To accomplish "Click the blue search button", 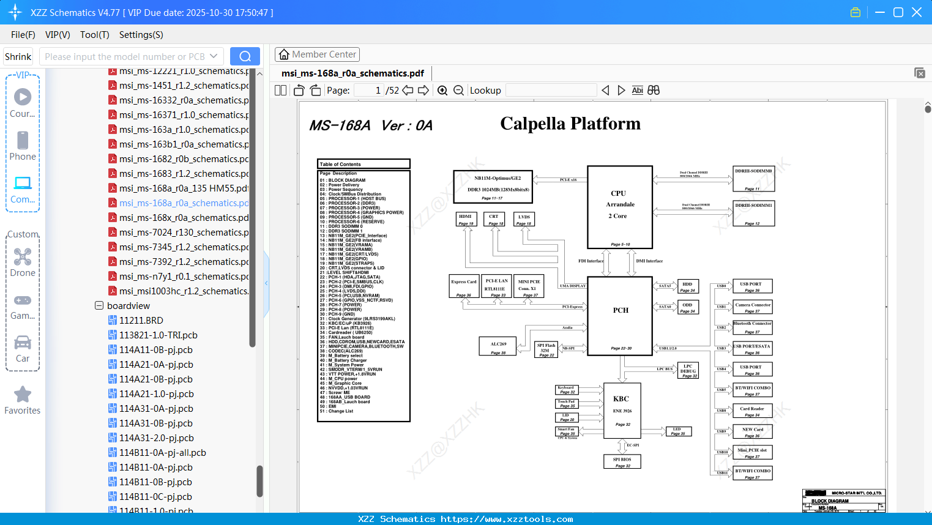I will point(245,56).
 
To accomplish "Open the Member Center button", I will point(317,54).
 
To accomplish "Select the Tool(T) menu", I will point(94,35).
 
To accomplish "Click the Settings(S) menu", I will point(141,35).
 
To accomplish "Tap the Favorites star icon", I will point(23,395).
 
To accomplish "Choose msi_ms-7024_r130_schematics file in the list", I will point(184,233).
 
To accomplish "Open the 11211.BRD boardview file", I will point(141,321).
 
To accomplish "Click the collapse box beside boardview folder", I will point(99,305).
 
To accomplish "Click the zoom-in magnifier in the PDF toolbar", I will point(442,91).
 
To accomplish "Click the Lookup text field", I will point(551,91).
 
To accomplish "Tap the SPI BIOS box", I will point(622,461).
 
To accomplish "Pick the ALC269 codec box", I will point(498,347).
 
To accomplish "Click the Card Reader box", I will point(752,411).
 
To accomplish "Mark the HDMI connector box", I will point(466,219).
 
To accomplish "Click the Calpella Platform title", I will point(570,124).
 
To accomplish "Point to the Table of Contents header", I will point(363,164).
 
